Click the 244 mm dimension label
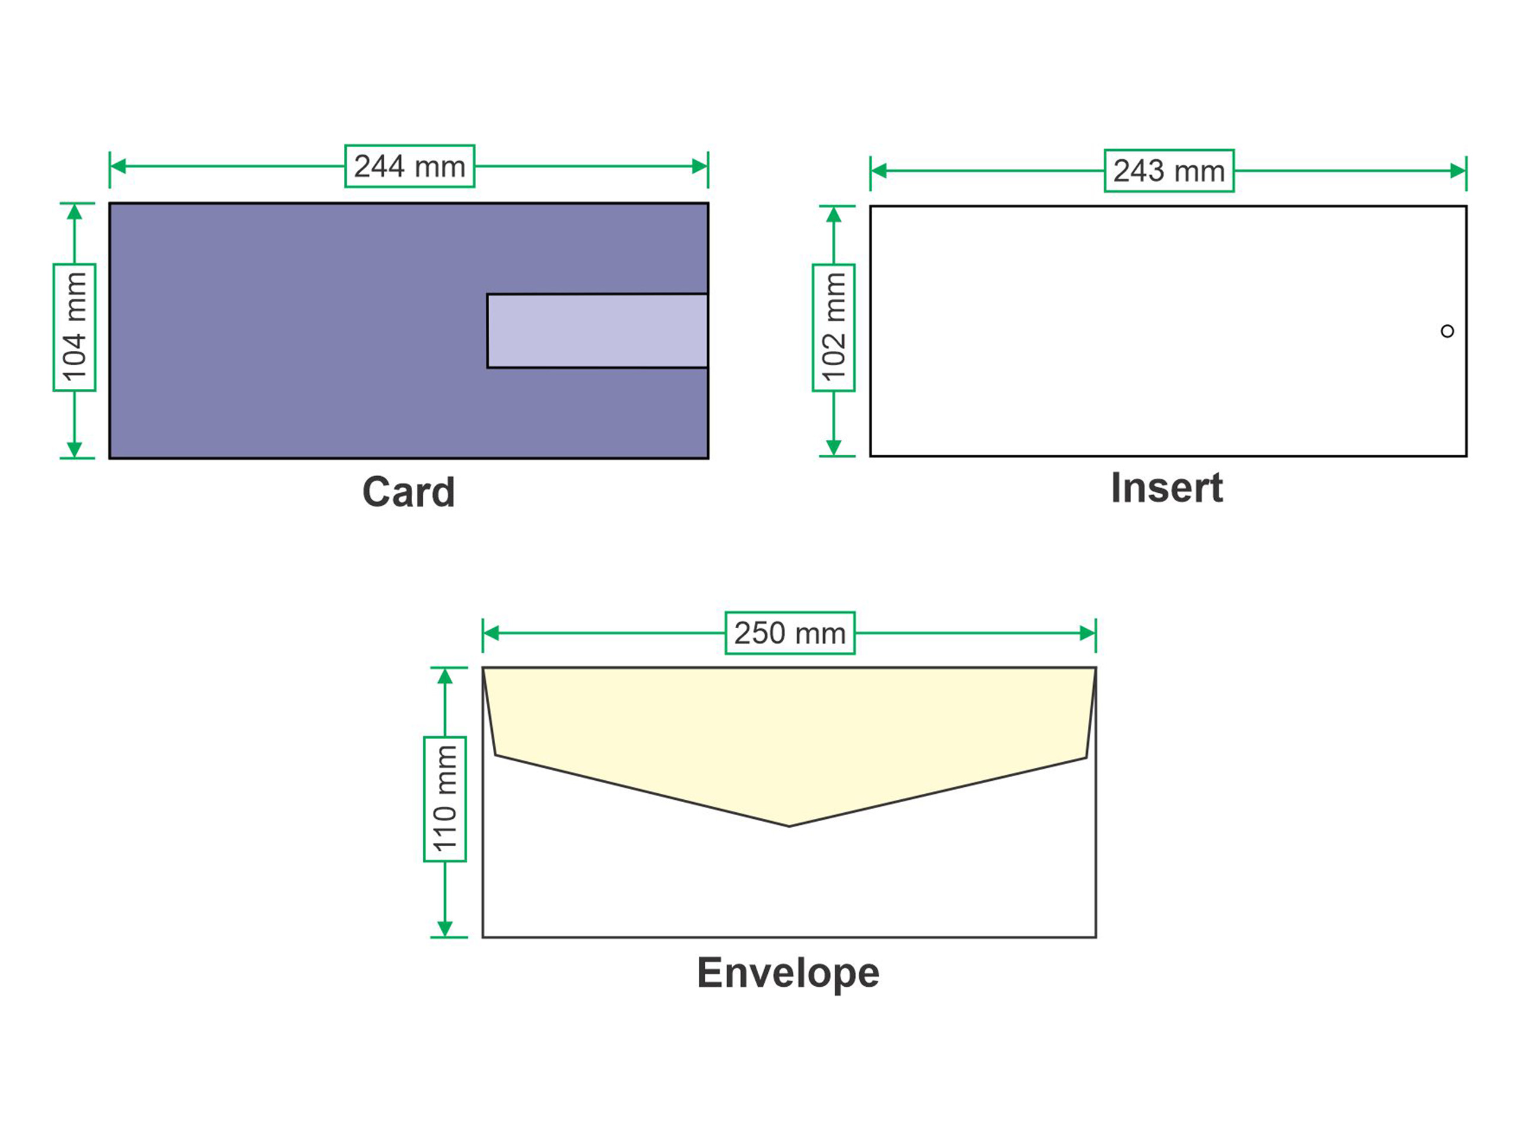click(410, 166)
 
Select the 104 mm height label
click(74, 327)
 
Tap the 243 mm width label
click(1169, 170)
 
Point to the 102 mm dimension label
click(834, 327)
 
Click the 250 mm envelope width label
click(790, 633)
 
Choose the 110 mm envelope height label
click(445, 799)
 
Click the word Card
click(409, 492)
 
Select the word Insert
click(1167, 488)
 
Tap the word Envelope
click(788, 973)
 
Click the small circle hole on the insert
click(1447, 331)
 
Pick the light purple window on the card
click(597, 331)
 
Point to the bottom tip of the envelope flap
click(789, 826)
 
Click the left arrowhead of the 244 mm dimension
click(118, 166)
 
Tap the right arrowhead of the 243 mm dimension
click(1458, 171)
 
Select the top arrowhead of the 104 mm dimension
click(74, 211)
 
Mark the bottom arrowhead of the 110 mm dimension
click(445, 929)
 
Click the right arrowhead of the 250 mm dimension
click(1088, 633)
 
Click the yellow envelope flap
click(789, 729)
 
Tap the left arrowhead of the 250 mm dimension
click(491, 633)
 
